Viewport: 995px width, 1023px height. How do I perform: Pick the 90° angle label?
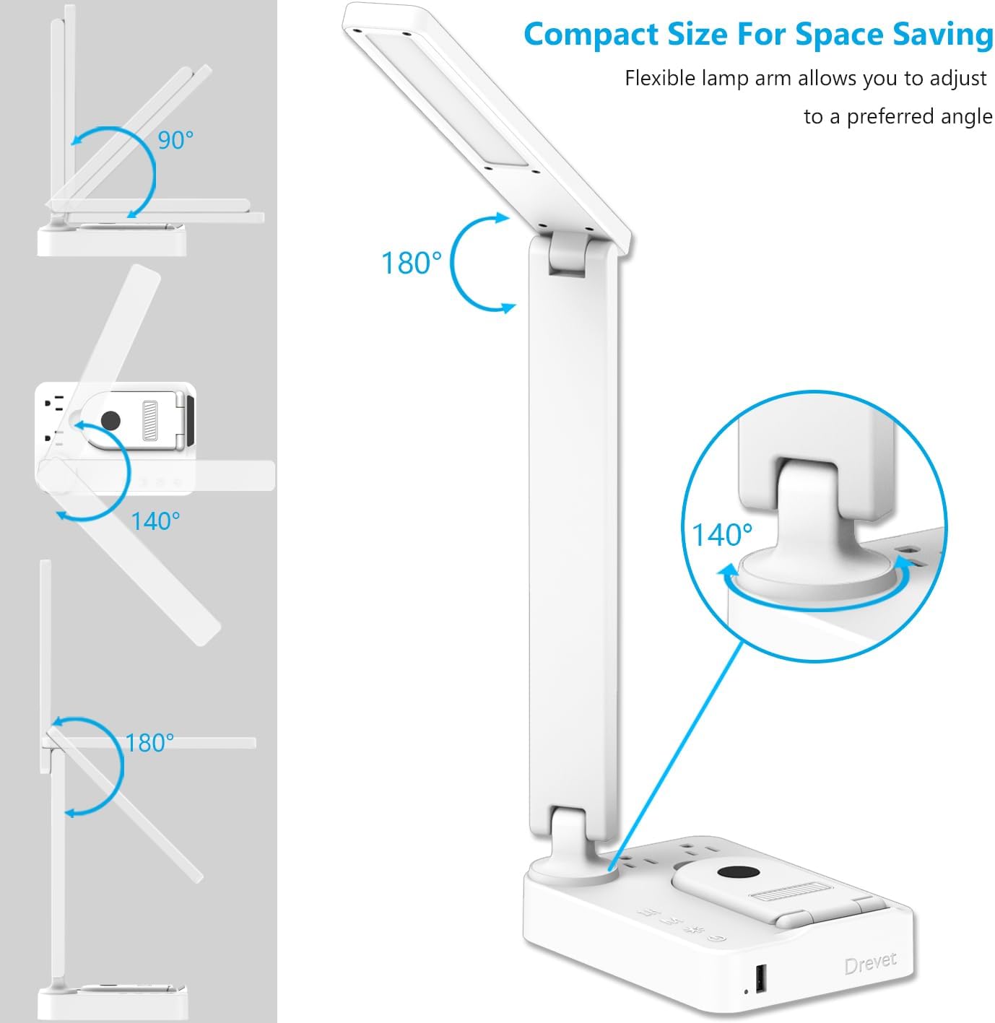(x=175, y=140)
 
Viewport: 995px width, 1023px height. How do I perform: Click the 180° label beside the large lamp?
(x=412, y=263)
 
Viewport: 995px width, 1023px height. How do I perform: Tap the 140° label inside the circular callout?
(x=722, y=535)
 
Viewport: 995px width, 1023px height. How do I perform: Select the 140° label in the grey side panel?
(x=155, y=521)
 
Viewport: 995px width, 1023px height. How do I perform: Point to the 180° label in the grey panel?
(x=149, y=743)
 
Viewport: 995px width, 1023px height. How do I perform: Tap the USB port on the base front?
(x=760, y=978)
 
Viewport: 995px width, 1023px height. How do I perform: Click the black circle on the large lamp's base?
(x=738, y=874)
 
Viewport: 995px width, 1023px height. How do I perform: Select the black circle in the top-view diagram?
(x=110, y=421)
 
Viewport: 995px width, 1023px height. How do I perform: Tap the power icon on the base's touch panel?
(x=716, y=939)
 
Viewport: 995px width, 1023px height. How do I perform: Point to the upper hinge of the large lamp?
(x=568, y=254)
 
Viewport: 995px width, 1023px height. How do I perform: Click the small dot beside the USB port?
(x=746, y=991)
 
